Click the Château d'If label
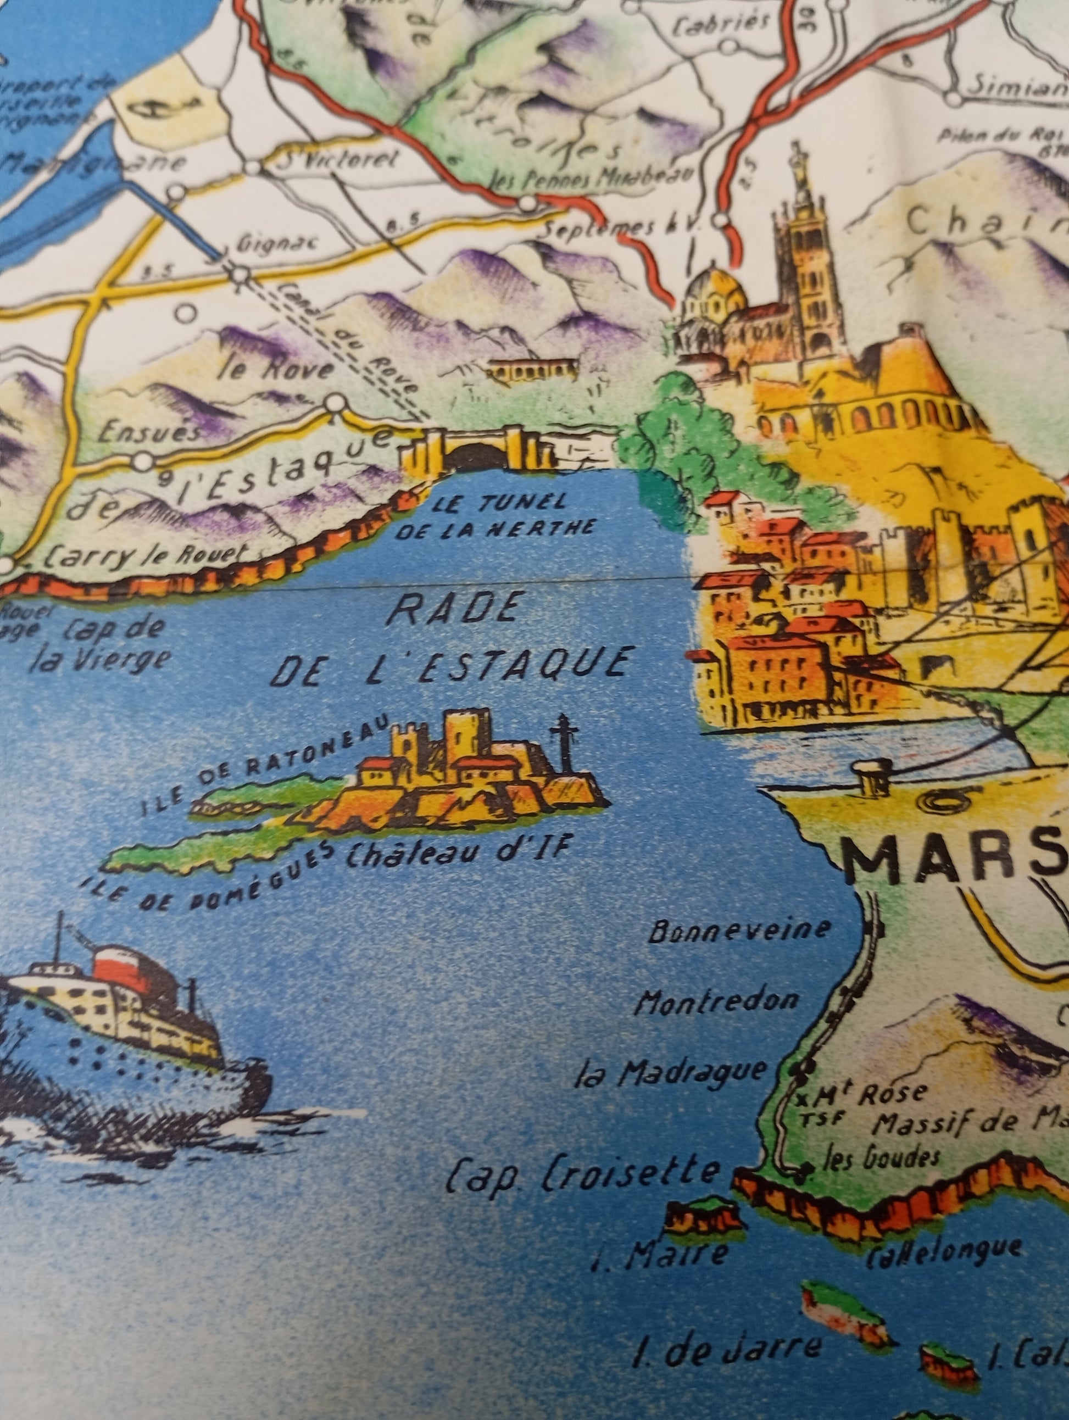click(x=457, y=853)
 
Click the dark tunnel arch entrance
click(x=475, y=458)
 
